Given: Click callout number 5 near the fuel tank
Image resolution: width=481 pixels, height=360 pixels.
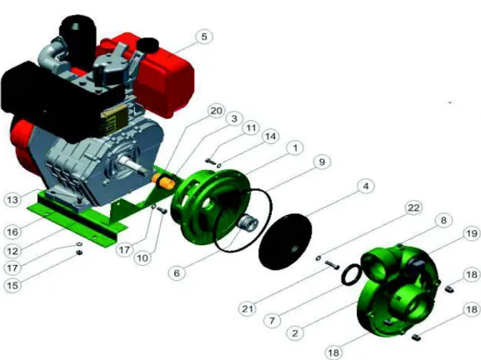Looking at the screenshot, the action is pyautogui.click(x=204, y=37).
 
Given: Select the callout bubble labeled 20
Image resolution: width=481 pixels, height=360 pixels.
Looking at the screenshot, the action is pyautogui.click(x=216, y=111).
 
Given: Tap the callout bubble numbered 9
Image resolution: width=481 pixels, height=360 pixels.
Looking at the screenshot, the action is pyautogui.click(x=322, y=162).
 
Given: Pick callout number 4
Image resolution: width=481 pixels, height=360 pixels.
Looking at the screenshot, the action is pyautogui.click(x=366, y=186).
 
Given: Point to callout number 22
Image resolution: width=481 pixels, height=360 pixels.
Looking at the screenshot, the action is pyautogui.click(x=413, y=207).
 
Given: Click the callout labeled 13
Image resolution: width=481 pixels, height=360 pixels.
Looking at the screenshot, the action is pyautogui.click(x=13, y=200).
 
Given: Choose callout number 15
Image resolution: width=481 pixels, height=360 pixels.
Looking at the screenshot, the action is pyautogui.click(x=13, y=286).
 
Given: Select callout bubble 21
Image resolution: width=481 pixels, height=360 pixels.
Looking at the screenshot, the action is pyautogui.click(x=248, y=309).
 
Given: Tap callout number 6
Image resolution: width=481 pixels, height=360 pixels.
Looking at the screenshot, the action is pyautogui.click(x=177, y=272).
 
